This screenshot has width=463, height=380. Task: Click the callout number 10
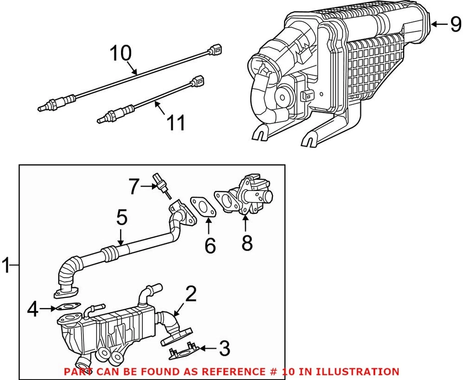121,54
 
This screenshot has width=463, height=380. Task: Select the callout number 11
175,123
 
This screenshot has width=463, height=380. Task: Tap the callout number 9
455,24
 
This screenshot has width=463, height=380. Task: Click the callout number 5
122,218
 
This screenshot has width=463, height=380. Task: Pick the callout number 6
210,245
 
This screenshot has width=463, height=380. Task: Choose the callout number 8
246,243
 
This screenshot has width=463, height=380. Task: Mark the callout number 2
191,294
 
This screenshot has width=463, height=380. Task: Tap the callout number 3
224,348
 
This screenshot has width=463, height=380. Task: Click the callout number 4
32,309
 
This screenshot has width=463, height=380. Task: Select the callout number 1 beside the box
6,265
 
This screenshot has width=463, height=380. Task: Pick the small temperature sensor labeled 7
161,185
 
